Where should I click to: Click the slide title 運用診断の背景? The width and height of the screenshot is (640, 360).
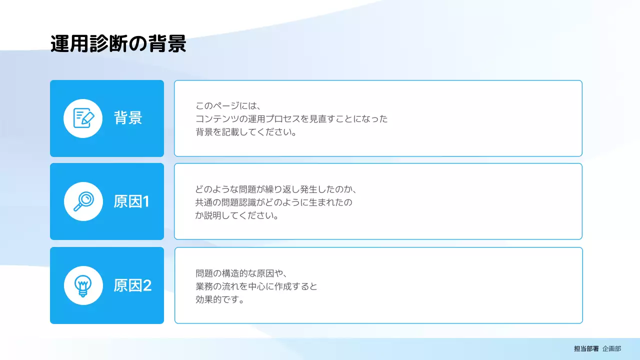(x=118, y=44)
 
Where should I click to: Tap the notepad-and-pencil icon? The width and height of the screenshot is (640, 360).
(x=83, y=118)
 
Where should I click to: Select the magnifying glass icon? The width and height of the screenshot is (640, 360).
(x=83, y=201)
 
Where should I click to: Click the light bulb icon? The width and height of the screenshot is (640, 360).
(x=83, y=285)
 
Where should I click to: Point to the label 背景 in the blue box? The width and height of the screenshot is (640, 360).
(x=128, y=118)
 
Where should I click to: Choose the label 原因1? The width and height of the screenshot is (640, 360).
(x=131, y=201)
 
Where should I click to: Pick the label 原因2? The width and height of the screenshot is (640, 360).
(x=132, y=285)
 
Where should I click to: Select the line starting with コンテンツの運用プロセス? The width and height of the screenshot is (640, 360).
(x=291, y=119)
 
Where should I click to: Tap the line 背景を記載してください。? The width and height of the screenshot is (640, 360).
(x=246, y=133)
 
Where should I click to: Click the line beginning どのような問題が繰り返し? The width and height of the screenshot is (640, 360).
(x=275, y=189)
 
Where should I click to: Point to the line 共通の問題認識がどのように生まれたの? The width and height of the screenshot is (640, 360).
(x=273, y=203)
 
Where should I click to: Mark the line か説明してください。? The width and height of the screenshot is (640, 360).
(x=236, y=216)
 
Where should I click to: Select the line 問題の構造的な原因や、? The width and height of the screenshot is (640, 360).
(x=240, y=273)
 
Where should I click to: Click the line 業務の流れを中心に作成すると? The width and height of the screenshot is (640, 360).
(x=256, y=287)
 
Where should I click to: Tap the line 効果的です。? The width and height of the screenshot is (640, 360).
(x=219, y=300)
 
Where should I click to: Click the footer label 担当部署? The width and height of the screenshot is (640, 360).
(x=586, y=349)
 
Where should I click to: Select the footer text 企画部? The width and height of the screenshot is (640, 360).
(x=611, y=349)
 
